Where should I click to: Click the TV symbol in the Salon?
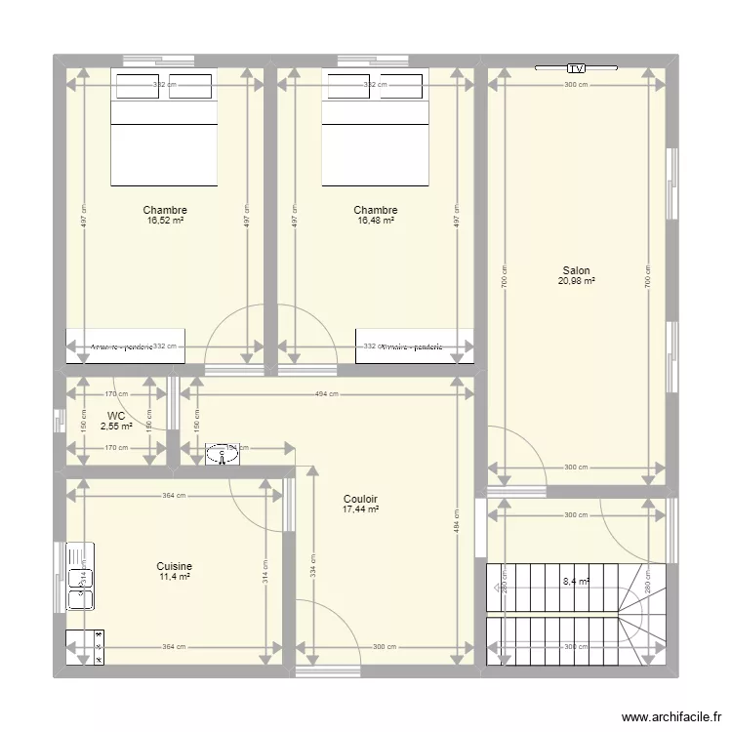(x=576, y=68)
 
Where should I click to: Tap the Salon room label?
(x=576, y=271)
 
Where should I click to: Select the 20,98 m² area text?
(x=576, y=281)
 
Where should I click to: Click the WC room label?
(x=116, y=416)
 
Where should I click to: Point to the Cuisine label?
(x=174, y=566)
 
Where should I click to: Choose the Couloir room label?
(x=360, y=499)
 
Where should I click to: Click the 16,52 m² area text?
(x=164, y=221)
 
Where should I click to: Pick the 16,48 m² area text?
(x=375, y=221)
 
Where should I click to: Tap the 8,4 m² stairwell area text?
(x=576, y=583)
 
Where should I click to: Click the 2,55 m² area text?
(x=116, y=427)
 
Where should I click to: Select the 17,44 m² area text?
(x=360, y=509)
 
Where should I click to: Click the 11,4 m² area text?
(x=174, y=577)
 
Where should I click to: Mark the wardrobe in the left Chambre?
(x=126, y=346)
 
